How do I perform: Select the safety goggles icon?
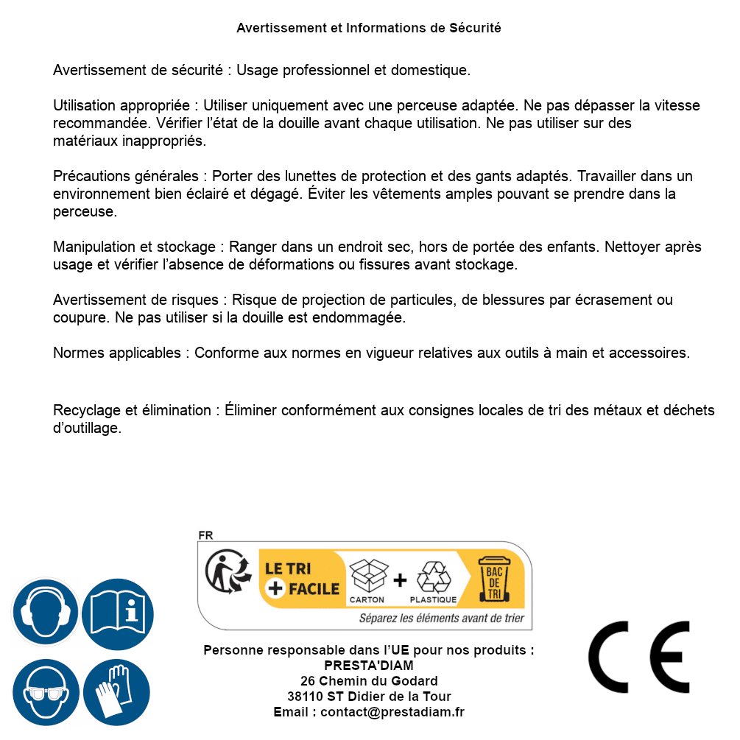46,692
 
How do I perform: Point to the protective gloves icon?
116,692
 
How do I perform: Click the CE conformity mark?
639,658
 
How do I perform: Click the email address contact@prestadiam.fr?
392,712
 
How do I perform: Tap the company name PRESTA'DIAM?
369,666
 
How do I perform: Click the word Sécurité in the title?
475,28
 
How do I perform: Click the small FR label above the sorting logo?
205,535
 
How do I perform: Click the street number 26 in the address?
308,681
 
